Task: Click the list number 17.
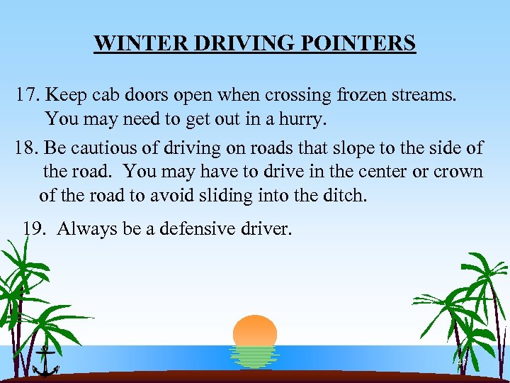pos(27,95)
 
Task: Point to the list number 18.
pos(26,148)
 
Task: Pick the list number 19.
pos(35,228)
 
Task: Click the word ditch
pos(343,195)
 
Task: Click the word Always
pos(84,228)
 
